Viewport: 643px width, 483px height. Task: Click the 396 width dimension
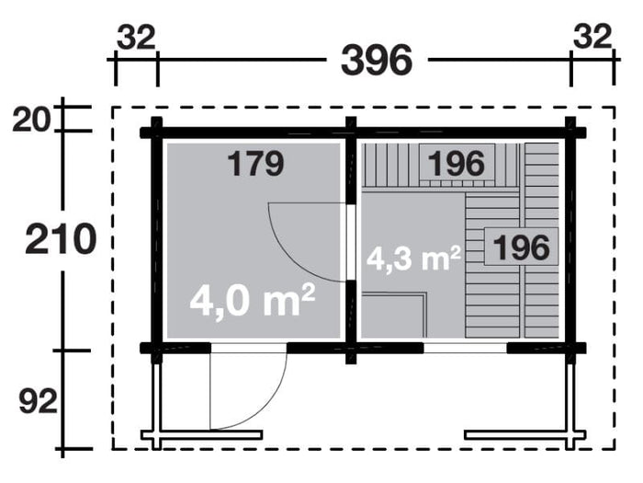[x=377, y=60]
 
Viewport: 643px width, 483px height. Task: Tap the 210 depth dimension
[x=61, y=240]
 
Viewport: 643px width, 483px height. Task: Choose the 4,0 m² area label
[x=253, y=301]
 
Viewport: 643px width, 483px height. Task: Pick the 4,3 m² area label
[x=413, y=258]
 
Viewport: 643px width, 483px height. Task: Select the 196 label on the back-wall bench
[x=456, y=163]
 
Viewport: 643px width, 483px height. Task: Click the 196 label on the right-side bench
[x=521, y=247]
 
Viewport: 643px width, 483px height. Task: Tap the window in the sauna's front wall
[x=465, y=348]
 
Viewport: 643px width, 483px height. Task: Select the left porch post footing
[x=209, y=434]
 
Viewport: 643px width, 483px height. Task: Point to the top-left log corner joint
[x=156, y=131]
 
